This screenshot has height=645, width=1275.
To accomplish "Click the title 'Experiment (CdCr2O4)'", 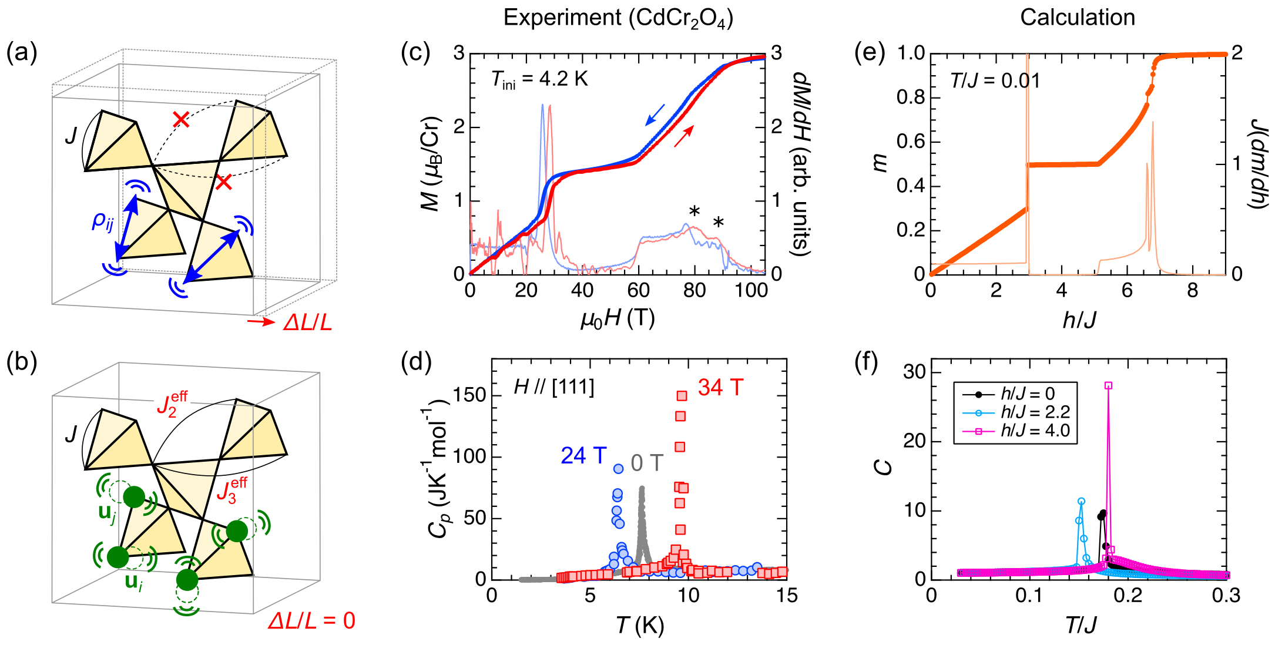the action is coord(618,18).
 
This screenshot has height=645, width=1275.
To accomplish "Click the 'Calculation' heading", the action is coord(1077,18).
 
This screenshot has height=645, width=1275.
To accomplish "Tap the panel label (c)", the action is coord(415,53).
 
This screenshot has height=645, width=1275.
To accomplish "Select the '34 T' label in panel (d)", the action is coord(720,388).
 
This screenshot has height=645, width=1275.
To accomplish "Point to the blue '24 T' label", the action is coord(583,455).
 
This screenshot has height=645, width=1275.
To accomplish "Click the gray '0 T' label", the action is coord(647,463).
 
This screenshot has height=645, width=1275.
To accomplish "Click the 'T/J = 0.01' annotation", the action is coord(995,80).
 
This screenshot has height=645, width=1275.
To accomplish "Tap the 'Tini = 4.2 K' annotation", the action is coord(539,80).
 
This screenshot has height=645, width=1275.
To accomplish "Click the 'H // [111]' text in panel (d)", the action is coord(553,387).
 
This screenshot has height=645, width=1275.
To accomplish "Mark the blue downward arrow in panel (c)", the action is coord(655,115).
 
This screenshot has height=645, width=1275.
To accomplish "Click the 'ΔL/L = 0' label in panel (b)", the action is coord(311,621).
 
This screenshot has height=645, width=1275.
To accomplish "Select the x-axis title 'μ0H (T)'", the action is coord(618,318).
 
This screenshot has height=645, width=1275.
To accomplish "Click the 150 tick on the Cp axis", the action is coord(469,395).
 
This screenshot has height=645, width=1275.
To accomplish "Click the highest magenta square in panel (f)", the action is coord(1108,385).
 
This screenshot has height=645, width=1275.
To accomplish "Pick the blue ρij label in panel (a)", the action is coord(102,222).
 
